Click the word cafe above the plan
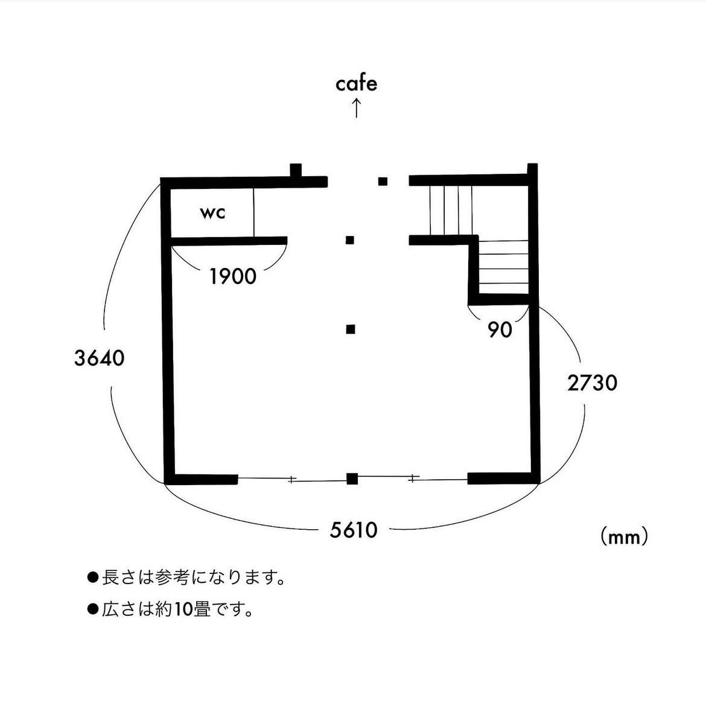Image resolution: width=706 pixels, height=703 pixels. point(356,84)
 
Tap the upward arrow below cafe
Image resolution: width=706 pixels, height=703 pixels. point(356,109)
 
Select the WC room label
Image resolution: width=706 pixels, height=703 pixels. point(212,212)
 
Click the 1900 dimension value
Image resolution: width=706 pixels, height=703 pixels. point(233,276)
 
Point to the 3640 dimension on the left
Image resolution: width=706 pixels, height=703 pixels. point(99,358)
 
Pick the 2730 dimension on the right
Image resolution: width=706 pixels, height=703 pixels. point(592,383)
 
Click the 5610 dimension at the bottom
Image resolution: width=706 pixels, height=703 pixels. point(354,530)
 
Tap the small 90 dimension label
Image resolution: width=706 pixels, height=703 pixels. point(500,330)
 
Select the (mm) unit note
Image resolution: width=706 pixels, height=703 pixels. point(624,536)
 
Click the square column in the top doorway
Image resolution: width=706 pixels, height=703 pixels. point(383,182)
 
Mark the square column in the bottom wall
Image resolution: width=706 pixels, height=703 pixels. point(352,479)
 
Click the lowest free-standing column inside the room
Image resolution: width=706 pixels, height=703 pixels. point(351,329)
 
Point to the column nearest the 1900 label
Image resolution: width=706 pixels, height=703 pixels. point(350,240)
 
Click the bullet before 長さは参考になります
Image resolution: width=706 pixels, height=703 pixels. point(93,577)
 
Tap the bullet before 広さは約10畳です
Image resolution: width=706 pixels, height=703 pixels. point(93,609)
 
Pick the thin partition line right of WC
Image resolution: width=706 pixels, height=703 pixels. point(253,212)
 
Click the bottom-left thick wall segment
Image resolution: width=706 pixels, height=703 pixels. point(201,479)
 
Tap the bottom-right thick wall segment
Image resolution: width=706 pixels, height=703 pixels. point(503,479)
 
